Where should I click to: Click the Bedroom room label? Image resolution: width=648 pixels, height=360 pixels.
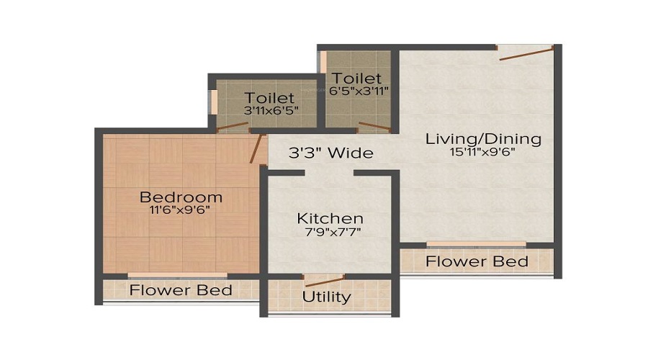[x=181, y=197]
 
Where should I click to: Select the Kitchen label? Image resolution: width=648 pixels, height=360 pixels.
[x=330, y=218]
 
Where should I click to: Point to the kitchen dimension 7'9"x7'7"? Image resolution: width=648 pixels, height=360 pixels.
[x=330, y=231]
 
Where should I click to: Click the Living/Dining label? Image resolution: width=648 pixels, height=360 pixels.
[x=483, y=138]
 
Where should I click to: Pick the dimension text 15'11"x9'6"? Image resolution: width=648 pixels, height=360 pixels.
[x=483, y=151]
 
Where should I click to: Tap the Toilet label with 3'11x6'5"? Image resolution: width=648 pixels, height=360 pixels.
[x=269, y=98]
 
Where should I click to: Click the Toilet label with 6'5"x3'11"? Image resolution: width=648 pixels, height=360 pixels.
[x=357, y=78]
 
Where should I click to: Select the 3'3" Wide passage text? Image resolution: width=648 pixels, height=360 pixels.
[x=331, y=153]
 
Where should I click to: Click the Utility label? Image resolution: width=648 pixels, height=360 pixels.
[x=327, y=296]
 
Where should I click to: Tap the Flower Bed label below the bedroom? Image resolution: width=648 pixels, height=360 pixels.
[x=181, y=290]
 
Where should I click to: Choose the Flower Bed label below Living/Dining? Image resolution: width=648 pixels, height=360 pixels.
[x=477, y=261]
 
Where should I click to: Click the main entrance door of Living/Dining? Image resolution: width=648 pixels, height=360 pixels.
[x=526, y=51]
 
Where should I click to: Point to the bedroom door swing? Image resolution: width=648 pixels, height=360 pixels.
[x=255, y=150]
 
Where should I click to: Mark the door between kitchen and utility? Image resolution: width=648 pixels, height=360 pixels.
[x=324, y=280]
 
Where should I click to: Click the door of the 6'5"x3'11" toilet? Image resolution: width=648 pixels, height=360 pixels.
[x=374, y=127]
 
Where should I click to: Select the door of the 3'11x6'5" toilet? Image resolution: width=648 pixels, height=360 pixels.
[x=232, y=127]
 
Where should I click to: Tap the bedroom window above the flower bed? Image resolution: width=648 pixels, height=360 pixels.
[x=177, y=274]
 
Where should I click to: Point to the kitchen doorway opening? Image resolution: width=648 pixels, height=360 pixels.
[x=329, y=173]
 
